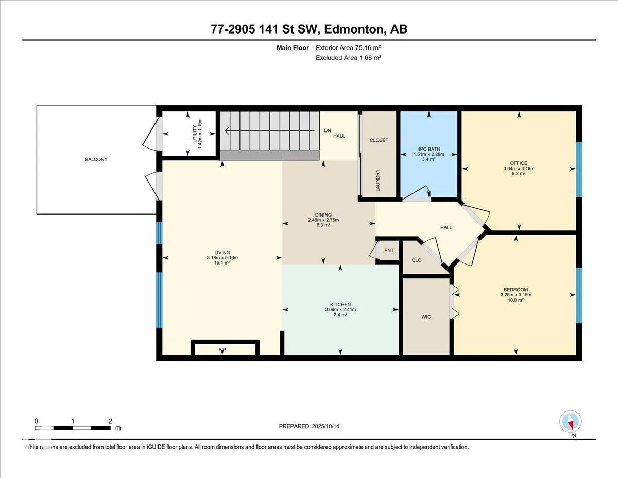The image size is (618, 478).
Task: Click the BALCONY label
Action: pyautogui.click(x=96, y=159)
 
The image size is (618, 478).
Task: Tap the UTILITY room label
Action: pyautogui.click(x=195, y=134)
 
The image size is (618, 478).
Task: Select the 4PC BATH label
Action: pyautogui.click(x=428, y=149)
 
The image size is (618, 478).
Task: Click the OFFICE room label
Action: pyautogui.click(x=519, y=163)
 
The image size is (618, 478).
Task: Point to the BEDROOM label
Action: pyautogui.click(x=516, y=290)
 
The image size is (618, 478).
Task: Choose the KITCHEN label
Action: pyautogui.click(x=340, y=304)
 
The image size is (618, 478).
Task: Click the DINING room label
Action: pyautogui.click(x=323, y=215)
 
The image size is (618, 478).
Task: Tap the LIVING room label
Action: pyautogui.click(x=222, y=253)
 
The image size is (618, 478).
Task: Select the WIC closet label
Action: pyautogui.click(x=426, y=317)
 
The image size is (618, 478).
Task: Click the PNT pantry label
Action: pyautogui.click(x=389, y=250)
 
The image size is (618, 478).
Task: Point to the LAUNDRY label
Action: pyautogui.click(x=377, y=180)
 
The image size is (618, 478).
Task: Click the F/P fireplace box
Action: pyautogui.click(x=225, y=348)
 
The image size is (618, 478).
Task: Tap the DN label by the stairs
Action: pyautogui.click(x=328, y=130)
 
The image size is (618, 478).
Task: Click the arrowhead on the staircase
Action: pyautogui.click(x=227, y=130)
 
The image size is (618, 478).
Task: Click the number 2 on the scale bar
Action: pyautogui.click(x=110, y=421)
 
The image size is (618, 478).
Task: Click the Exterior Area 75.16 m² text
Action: pyautogui.click(x=348, y=48)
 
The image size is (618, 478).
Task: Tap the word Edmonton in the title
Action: pyautogui.click(x=354, y=29)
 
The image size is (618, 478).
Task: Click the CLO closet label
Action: pyautogui.click(x=416, y=260)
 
